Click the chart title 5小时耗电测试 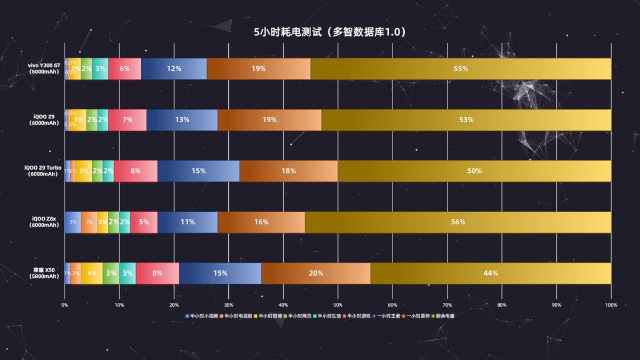coord(330,32)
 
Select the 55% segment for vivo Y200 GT coord(461,69)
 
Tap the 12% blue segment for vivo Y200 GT coord(174,69)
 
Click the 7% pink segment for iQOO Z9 coord(127,120)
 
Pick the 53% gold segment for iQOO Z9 coord(466,120)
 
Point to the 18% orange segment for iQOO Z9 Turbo coord(289,171)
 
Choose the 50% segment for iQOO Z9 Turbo coord(474,171)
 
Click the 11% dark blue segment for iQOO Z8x coord(187,222)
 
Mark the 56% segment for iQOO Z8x coord(458,222)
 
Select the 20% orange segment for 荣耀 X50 coord(316,273)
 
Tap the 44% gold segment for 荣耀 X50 coord(491,273)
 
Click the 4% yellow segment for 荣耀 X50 coord(92,273)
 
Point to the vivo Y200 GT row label coord(44,68)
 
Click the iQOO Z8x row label coord(44,222)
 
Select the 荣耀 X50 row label coord(44,273)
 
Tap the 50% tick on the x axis coord(338,305)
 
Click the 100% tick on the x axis coord(611,305)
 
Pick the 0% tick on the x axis coord(65,305)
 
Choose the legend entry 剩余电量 coord(443,316)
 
